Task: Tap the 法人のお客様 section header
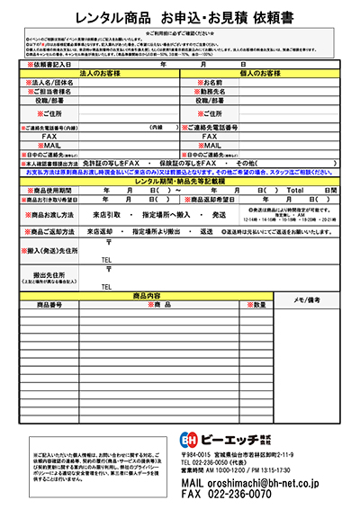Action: coord(100,74)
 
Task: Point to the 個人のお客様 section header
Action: coord(261,74)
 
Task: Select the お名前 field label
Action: coord(210,83)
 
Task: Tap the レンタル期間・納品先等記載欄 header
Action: coord(180,182)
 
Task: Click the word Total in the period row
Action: coord(296,191)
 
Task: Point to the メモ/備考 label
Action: coord(315,299)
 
